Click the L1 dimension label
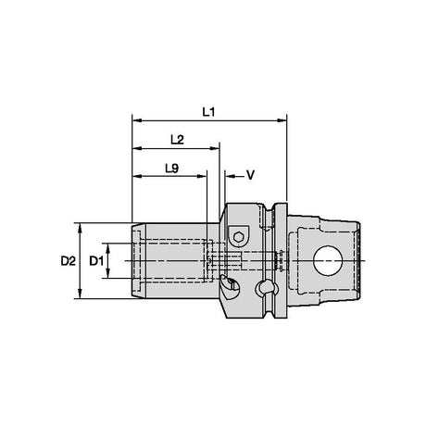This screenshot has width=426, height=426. coord(208,112)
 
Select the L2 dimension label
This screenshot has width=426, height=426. coord(177,140)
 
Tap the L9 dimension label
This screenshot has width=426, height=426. coord(172,169)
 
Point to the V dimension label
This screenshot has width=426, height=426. coord(250,175)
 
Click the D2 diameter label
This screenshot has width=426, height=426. coord(68,261)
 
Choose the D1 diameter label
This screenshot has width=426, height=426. coord(96,261)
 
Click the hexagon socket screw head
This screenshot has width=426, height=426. coord(238,236)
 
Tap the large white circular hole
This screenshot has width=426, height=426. coord(328,260)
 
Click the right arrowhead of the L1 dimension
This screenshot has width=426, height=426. coord(282,120)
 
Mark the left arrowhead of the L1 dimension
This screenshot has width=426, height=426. coord(137,120)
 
